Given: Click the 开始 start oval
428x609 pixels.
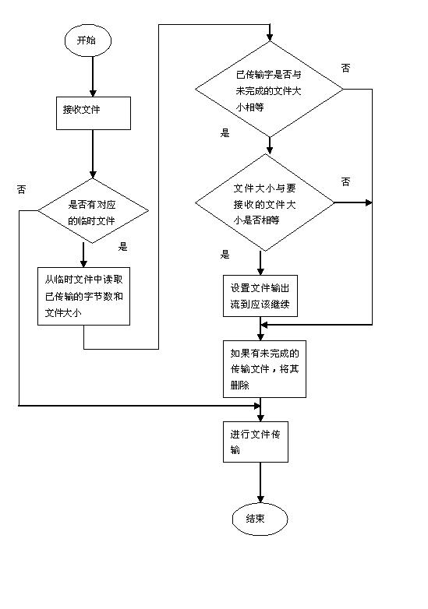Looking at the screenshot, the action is (88, 40).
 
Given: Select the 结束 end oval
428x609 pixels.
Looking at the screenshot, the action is (260, 519).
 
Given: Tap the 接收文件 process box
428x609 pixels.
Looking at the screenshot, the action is (94, 113).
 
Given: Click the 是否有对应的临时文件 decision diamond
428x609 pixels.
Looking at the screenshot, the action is (94, 211).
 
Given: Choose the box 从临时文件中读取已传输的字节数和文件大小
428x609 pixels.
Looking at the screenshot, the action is (83, 296).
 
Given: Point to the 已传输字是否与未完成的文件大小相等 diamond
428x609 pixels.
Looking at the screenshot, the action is (270, 90).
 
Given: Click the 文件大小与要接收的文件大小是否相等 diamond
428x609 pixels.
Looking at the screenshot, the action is (265, 202).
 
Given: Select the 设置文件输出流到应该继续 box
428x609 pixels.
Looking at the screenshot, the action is (260, 296).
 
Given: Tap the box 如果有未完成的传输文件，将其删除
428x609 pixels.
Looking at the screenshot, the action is (264, 369).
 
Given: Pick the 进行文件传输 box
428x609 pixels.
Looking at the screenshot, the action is (256, 442).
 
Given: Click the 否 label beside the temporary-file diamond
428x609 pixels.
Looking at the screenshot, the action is (21, 189).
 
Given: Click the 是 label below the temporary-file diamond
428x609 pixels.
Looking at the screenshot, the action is (123, 246).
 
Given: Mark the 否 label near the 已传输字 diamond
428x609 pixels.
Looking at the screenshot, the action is (345, 68).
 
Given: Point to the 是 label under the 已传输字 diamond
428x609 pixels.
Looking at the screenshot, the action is (225, 133).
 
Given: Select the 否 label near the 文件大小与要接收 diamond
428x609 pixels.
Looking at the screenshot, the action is (345, 181).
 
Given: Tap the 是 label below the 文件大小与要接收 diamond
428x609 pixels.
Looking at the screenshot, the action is (225, 255).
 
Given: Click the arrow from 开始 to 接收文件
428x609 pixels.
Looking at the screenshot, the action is (93, 76).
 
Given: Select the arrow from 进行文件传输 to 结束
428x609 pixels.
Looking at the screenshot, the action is (260, 483).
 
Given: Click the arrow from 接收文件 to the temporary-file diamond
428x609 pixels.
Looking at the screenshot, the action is (93, 154).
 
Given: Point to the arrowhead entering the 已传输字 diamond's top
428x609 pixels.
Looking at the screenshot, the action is (270, 37).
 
